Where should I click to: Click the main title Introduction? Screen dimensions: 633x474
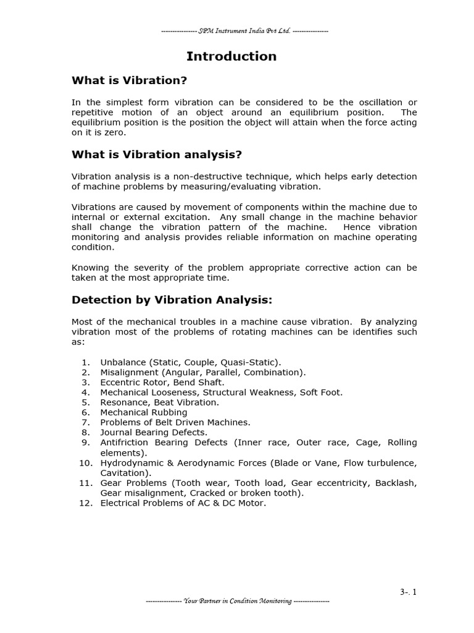[231, 56]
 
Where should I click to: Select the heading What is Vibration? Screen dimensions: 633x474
[129, 80]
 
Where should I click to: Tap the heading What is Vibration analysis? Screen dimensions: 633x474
[157, 155]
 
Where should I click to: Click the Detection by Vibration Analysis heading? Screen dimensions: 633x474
[172, 300]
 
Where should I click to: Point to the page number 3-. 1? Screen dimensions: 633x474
[408, 592]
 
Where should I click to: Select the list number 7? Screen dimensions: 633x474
[86, 422]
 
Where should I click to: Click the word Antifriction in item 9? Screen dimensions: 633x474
[125, 443]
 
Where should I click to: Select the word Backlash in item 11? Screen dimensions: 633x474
[397, 483]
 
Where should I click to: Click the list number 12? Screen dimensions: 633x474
[85, 503]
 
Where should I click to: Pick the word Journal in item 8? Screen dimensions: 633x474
[117, 433]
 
